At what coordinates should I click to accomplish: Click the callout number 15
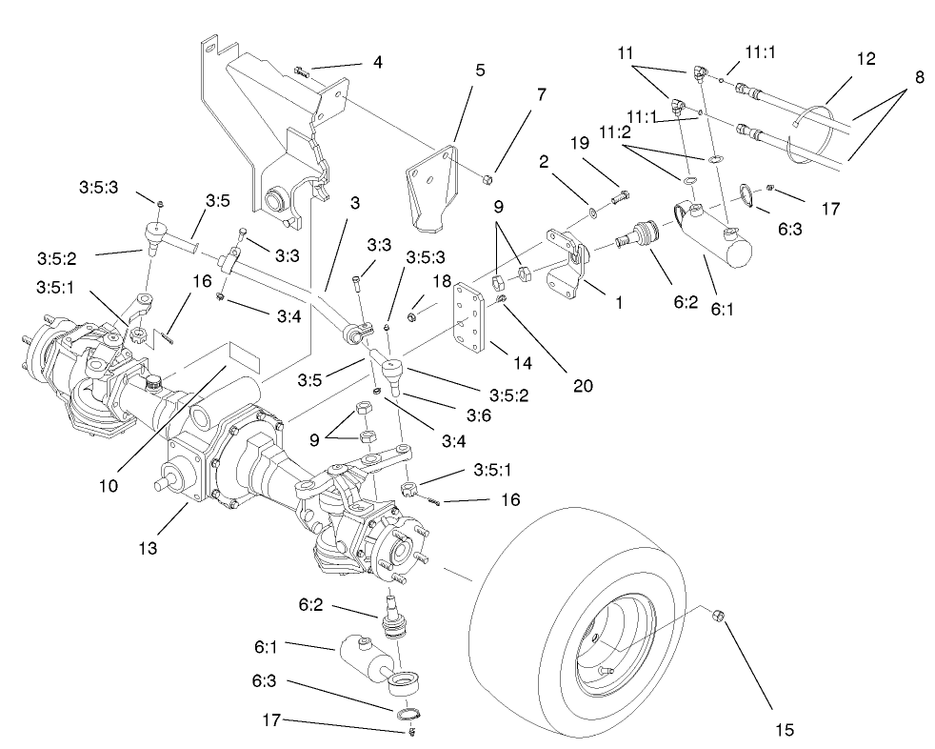[x=784, y=730]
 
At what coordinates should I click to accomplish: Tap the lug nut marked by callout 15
[x=721, y=617]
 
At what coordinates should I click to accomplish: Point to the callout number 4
[x=377, y=64]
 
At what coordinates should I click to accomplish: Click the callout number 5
[x=480, y=70]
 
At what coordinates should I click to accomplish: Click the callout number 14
[x=496, y=363]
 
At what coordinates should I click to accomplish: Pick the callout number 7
[x=541, y=94]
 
